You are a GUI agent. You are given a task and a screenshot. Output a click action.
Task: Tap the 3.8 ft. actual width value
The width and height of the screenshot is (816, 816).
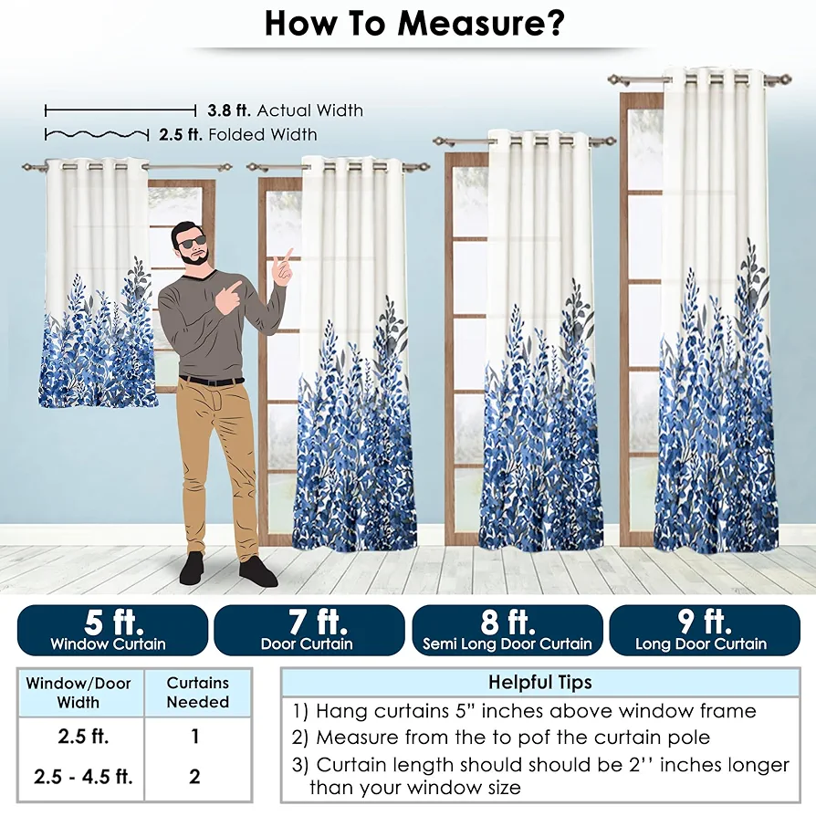click(229, 110)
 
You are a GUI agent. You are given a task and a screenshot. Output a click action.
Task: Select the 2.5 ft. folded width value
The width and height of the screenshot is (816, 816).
click(181, 135)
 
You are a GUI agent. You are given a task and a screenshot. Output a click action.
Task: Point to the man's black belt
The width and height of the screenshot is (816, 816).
click(211, 381)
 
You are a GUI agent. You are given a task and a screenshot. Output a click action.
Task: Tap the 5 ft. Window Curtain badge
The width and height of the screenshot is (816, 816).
click(112, 630)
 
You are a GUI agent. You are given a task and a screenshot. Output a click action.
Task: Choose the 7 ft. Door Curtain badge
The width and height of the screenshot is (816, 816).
click(309, 630)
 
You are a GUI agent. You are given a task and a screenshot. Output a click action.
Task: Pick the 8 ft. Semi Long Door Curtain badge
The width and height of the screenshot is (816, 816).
click(507, 630)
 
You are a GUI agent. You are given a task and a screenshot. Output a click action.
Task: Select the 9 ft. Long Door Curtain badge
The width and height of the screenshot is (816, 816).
click(705, 630)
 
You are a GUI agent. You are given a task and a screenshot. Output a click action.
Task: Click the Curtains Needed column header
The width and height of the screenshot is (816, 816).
click(198, 692)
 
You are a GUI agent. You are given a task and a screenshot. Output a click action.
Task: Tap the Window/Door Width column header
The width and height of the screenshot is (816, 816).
click(78, 692)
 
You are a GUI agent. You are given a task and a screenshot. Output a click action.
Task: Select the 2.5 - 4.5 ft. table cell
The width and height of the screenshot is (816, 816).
click(83, 777)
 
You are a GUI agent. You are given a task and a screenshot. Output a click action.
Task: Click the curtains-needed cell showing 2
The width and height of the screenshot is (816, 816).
click(194, 777)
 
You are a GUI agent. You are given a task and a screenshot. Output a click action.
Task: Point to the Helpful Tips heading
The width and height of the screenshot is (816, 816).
click(539, 682)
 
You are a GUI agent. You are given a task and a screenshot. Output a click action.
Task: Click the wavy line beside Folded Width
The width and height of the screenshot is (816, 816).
click(97, 135)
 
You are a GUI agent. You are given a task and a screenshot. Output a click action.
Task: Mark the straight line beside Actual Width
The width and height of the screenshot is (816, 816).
click(120, 110)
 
